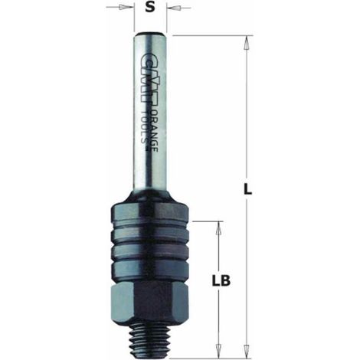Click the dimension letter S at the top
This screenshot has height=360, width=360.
[150, 8]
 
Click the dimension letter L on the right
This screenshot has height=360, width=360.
[247, 189]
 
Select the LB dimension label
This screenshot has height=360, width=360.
[221, 280]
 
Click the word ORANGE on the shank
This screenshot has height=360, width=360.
[153, 131]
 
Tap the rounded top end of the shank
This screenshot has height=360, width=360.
[151, 34]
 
